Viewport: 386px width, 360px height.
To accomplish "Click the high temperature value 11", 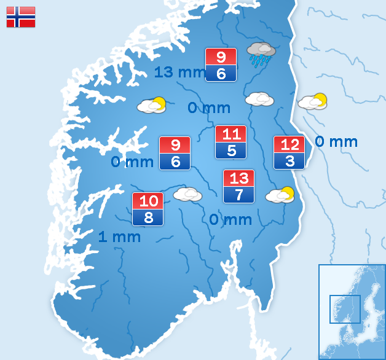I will (x=230, y=135).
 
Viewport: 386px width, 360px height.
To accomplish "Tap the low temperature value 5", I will (x=230, y=151).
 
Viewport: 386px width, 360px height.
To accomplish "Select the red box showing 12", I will (x=289, y=145).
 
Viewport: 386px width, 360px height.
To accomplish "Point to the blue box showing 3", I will (x=289, y=161).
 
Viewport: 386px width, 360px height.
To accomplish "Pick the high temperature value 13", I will (x=238, y=179).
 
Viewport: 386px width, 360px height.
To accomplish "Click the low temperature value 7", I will (x=238, y=195).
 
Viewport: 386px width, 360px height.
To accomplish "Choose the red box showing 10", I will (x=148, y=201).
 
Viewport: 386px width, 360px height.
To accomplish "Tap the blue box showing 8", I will (x=148, y=217).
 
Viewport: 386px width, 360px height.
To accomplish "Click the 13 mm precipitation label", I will (x=179, y=72).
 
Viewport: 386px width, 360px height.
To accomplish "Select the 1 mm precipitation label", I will (x=119, y=237).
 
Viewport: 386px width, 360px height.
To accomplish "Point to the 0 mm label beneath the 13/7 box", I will (x=230, y=219).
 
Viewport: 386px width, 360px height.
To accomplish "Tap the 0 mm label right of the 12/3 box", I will (x=336, y=142).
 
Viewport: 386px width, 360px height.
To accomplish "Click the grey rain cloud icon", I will (x=261, y=53).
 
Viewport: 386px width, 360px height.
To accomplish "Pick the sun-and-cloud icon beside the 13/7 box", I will (x=280, y=195).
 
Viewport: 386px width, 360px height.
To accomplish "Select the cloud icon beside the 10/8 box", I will (x=187, y=194).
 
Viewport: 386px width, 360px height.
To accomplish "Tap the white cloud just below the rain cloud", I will (x=259, y=99).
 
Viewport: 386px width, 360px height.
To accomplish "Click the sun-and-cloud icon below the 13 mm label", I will (x=152, y=105).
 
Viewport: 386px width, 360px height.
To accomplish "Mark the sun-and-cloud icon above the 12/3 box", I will (x=313, y=101).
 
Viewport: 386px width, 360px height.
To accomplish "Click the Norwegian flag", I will (x=21, y=17).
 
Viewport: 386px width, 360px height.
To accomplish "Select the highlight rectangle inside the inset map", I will (x=345, y=309).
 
